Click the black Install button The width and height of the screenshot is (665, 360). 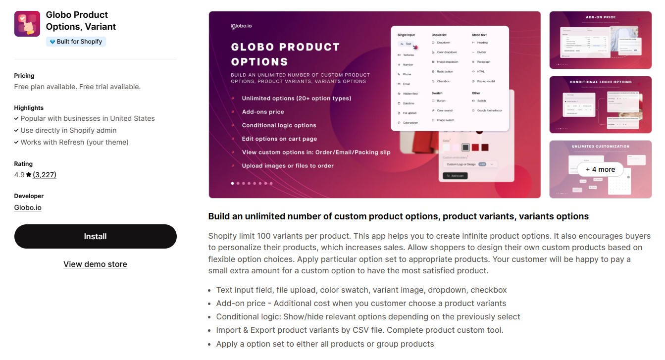pos(95,237)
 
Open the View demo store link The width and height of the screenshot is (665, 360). pos(95,264)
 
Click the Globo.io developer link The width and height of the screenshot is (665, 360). pos(28,207)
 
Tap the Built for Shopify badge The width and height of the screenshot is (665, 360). pos(76,42)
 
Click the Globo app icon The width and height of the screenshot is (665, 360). pos(27,24)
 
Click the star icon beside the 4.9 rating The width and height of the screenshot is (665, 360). pos(29,175)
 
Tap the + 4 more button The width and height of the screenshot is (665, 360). pos(600,169)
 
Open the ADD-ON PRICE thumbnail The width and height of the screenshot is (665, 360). pos(600,40)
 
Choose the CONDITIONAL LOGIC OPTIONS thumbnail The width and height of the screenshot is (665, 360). pos(600,104)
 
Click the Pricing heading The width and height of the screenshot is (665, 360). pos(24,76)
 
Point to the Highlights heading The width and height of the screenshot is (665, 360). pos(29,108)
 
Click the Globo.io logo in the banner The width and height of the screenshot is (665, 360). pos(241,26)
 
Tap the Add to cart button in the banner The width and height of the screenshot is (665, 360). pos(455,176)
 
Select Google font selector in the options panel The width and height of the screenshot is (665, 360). pos(489,110)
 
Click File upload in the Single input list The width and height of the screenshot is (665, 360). pos(409,113)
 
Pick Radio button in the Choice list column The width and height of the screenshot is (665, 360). pos(444,72)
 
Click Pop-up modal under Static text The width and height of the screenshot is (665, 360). pos(485,81)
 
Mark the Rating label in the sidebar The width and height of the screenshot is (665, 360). pos(23,164)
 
